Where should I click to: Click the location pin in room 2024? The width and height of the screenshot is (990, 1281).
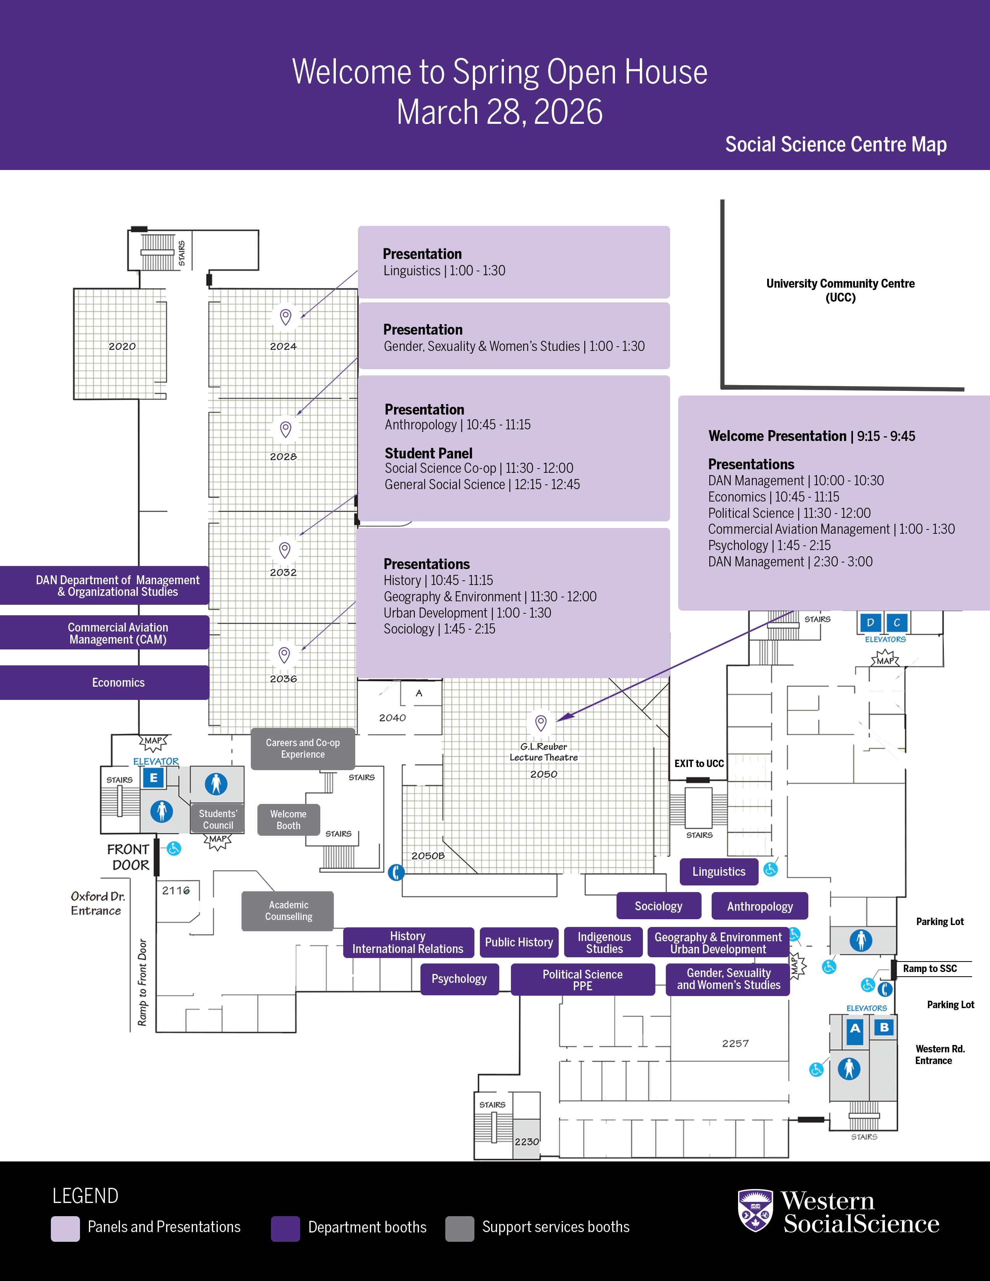286,317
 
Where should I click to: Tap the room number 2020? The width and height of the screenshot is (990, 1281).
122,347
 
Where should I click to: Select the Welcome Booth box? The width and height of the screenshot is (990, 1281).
288,819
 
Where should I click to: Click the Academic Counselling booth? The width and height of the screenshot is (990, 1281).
288,911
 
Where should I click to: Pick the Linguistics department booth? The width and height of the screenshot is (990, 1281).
719,871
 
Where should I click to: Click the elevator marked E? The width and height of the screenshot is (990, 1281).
154,778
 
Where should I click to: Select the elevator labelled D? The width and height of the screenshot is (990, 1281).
870,622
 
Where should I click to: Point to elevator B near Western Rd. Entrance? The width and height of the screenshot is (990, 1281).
884,1027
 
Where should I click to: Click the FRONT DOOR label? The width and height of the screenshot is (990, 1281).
129,857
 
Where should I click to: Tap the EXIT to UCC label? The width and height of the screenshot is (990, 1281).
698,764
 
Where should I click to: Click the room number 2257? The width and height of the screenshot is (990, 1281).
735,1043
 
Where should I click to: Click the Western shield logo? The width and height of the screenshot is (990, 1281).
755,1211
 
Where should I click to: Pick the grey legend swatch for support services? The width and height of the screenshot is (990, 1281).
459,1228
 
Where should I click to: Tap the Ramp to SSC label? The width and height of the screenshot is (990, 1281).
929,969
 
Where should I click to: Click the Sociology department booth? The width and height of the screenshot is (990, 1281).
658,906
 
